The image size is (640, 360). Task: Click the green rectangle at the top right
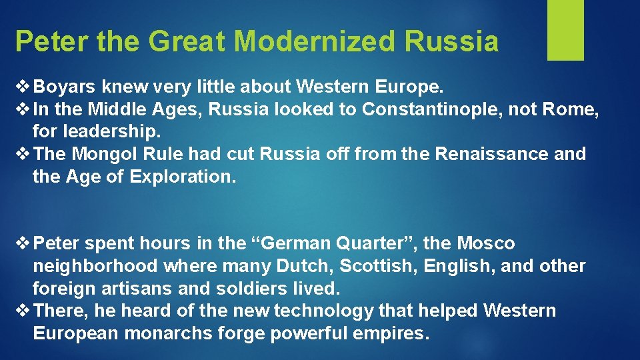tap(565, 30)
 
